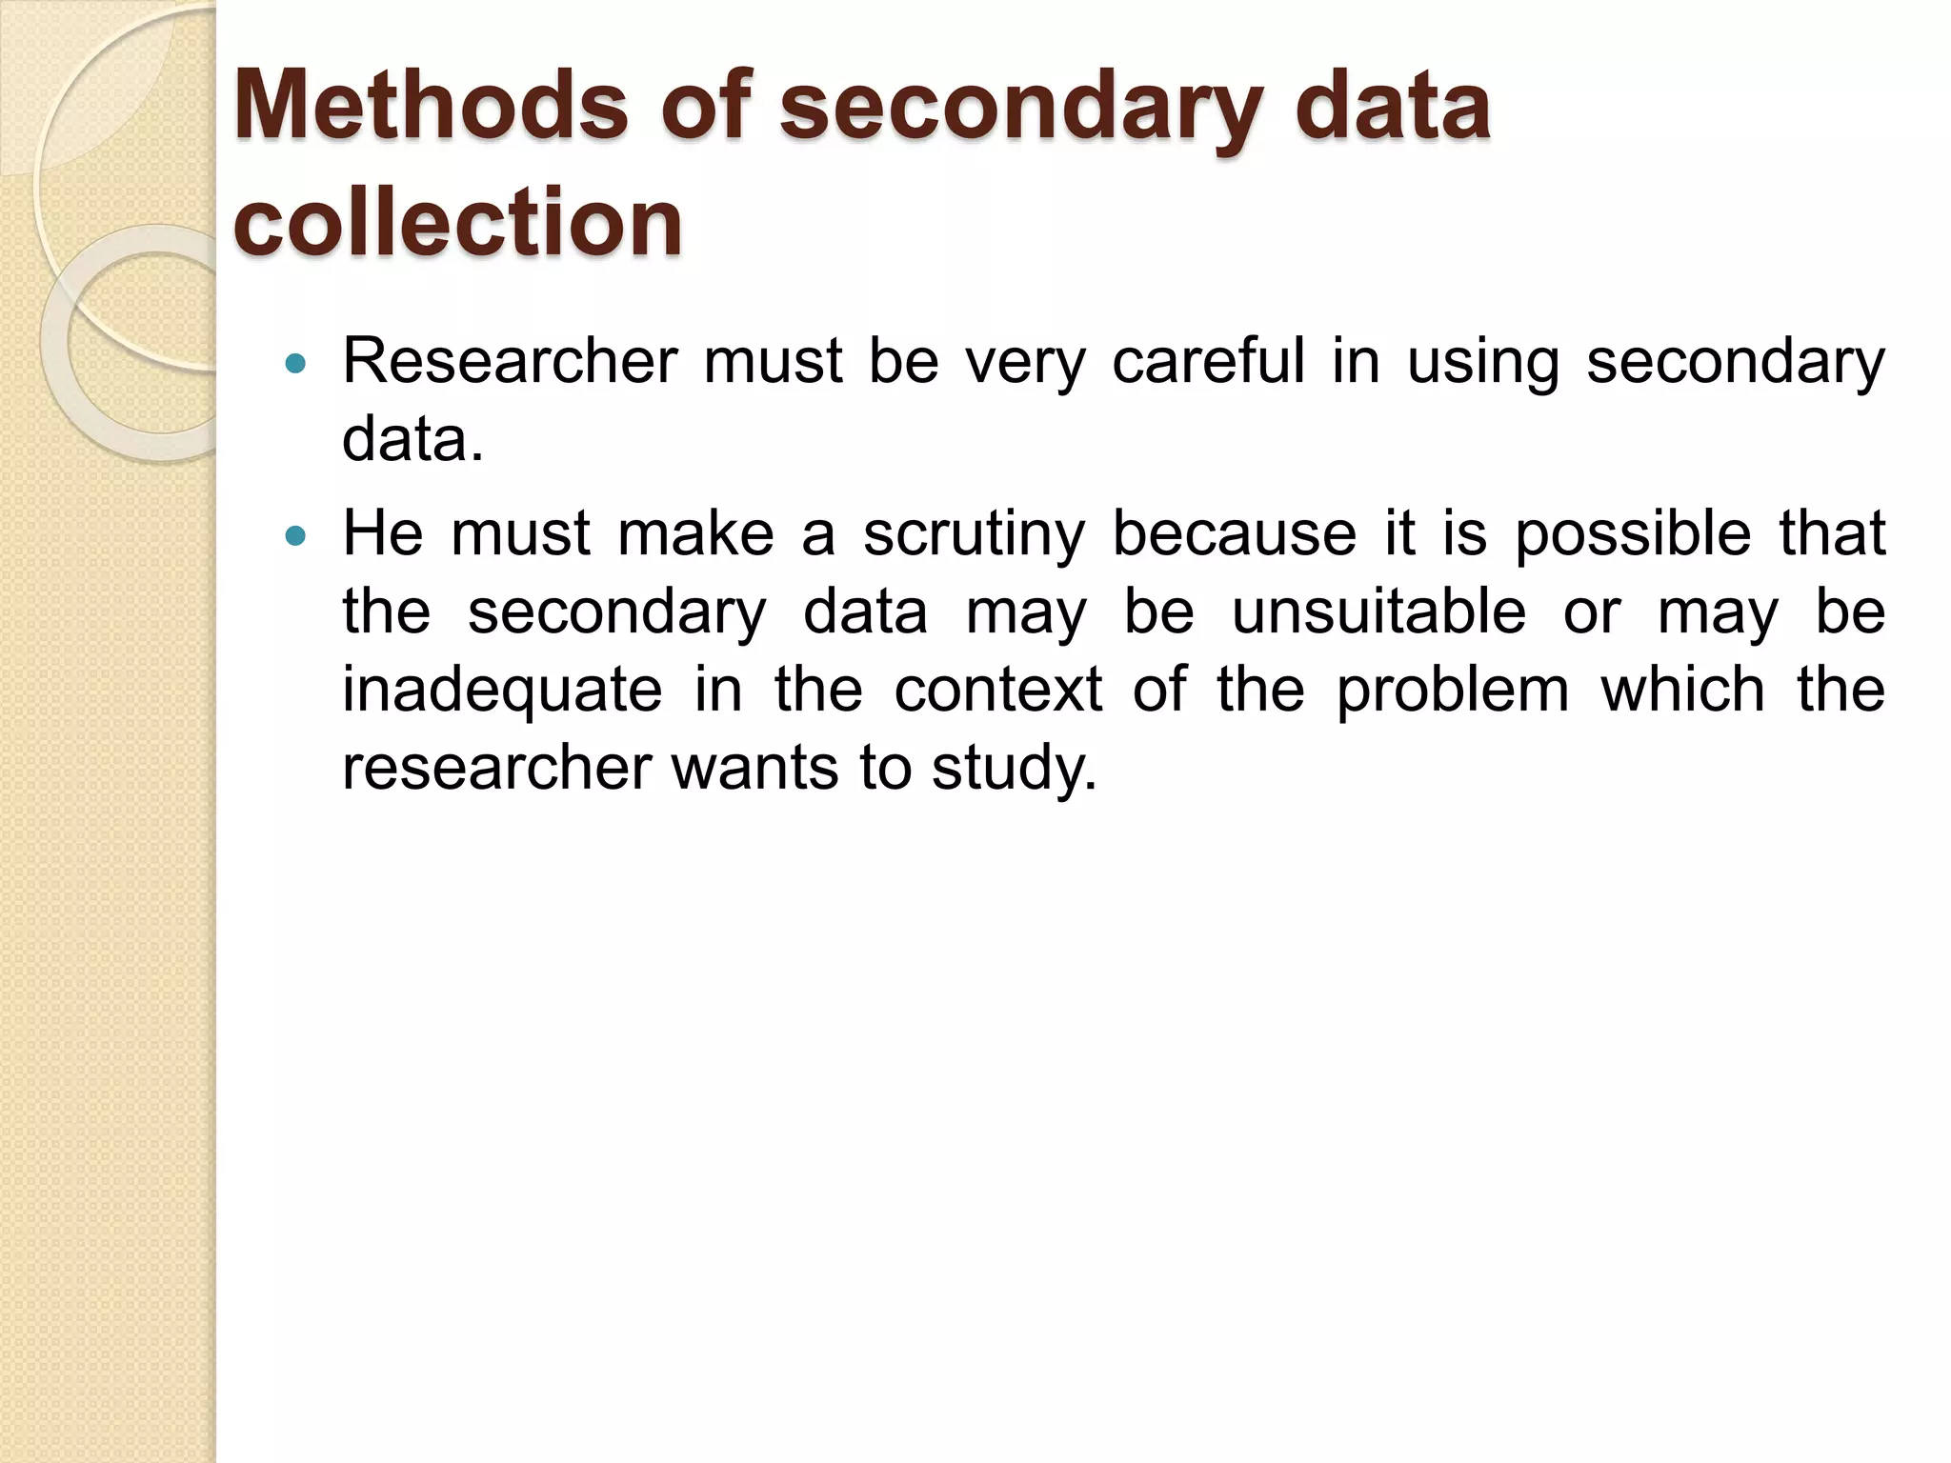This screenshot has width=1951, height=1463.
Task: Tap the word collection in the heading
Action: (457, 221)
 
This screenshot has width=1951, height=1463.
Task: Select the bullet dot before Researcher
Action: (296, 363)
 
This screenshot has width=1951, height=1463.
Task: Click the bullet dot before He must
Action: (296, 536)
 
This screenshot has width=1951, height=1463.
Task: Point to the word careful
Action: (1208, 362)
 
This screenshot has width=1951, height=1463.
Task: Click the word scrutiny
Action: (974, 535)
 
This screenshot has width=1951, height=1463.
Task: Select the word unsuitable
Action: (1378, 612)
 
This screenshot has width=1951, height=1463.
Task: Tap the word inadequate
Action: (502, 691)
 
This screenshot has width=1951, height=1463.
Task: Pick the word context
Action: (998, 691)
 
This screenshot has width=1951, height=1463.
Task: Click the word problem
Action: (1452, 691)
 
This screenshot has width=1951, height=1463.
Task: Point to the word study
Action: (1014, 769)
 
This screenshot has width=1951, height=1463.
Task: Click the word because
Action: (1235, 534)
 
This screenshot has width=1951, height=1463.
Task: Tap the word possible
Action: (1633, 535)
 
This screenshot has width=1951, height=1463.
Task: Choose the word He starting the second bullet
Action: (383, 534)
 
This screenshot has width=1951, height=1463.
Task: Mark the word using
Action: (1483, 364)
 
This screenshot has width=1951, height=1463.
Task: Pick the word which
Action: (1682, 691)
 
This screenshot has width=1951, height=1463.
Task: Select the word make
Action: (695, 534)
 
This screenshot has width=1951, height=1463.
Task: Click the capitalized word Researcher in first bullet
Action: (510, 362)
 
